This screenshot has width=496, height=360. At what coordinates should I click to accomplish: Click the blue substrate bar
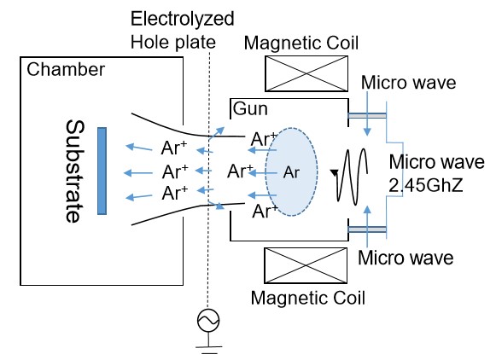[102, 171]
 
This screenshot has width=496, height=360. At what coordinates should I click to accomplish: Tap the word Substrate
[75, 171]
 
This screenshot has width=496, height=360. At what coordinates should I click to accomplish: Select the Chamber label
[66, 70]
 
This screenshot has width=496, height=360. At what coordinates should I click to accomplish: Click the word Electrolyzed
[183, 19]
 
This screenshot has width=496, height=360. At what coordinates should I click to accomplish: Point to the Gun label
[250, 108]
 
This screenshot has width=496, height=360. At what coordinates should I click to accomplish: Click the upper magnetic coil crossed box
[306, 73]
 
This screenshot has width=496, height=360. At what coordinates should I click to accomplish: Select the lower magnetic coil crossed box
[306, 265]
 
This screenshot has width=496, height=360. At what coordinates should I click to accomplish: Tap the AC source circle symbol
[208, 321]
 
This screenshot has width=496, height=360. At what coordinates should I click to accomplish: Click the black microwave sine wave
[351, 176]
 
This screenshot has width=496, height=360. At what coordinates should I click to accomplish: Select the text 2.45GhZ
[426, 185]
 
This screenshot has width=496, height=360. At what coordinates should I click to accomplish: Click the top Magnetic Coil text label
[301, 43]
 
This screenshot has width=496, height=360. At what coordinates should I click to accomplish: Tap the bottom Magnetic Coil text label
[308, 298]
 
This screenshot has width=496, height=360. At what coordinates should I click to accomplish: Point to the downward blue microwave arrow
[367, 113]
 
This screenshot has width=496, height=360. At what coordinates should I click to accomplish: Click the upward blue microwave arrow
[367, 227]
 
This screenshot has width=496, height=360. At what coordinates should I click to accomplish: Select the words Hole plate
[173, 43]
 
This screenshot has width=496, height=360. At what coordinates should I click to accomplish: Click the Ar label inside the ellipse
[291, 172]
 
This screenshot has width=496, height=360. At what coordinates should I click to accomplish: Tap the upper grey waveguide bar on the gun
[367, 116]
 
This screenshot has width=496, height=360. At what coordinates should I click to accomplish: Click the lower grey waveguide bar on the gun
[367, 229]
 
